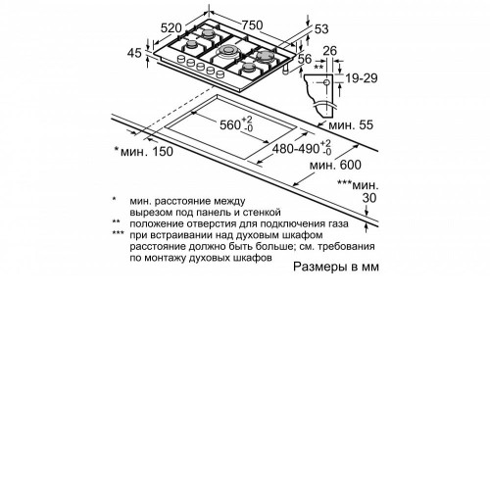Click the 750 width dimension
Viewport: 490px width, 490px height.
[252, 24]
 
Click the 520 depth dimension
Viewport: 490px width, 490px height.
[171, 27]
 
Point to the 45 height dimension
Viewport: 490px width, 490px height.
[134, 53]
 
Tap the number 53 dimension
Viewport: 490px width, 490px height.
[321, 29]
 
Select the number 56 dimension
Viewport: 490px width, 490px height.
[305, 59]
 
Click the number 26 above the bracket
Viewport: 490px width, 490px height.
[329, 51]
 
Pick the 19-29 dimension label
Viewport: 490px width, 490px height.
[362, 78]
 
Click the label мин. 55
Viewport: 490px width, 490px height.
[351, 124]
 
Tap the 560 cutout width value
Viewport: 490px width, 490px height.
[231, 124]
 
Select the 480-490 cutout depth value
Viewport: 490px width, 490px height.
[296, 149]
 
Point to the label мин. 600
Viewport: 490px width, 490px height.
[335, 165]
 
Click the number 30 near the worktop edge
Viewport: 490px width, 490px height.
[369, 198]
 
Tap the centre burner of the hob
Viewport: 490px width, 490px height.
[227, 51]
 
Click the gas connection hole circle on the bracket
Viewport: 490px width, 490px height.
[326, 82]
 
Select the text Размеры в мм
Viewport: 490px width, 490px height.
[336, 267]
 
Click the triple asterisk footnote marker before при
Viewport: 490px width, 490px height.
[118, 233]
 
